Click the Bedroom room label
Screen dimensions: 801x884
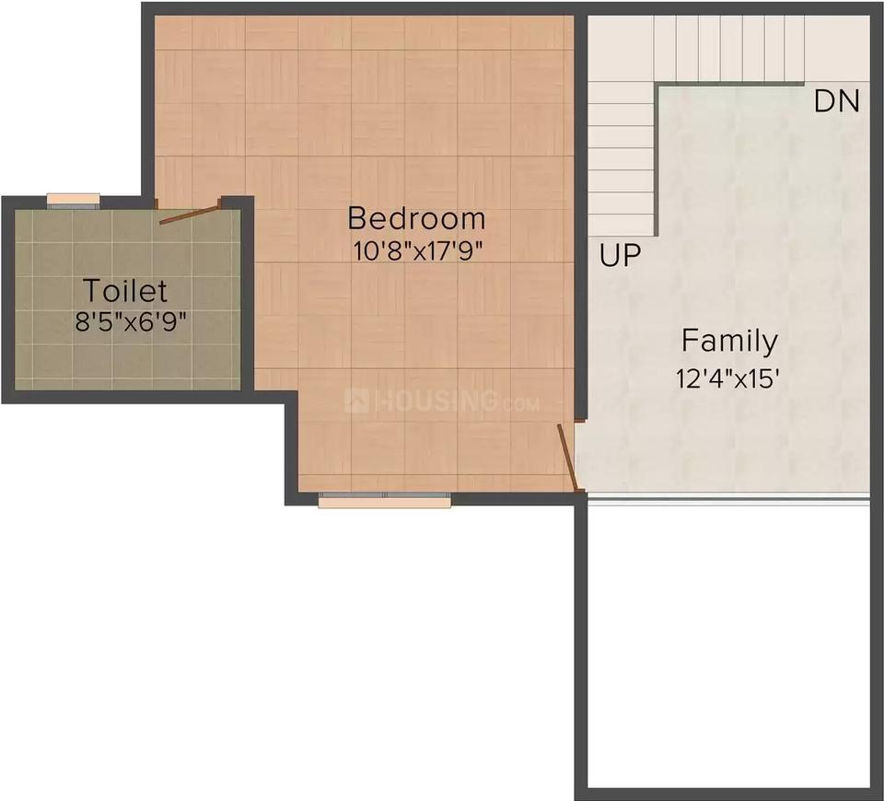[x=416, y=218]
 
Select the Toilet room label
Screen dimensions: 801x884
[x=126, y=291]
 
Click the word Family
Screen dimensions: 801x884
[x=729, y=341]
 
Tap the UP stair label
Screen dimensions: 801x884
[x=619, y=255]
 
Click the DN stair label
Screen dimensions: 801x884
[x=836, y=101]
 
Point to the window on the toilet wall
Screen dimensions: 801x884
[x=74, y=200]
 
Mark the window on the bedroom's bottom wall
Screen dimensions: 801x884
[x=385, y=500]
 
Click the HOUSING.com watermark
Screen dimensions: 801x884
[x=440, y=401]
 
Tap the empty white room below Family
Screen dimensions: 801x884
[x=727, y=644]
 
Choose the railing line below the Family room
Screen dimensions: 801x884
[x=727, y=500]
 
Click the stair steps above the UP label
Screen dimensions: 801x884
[x=621, y=157]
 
